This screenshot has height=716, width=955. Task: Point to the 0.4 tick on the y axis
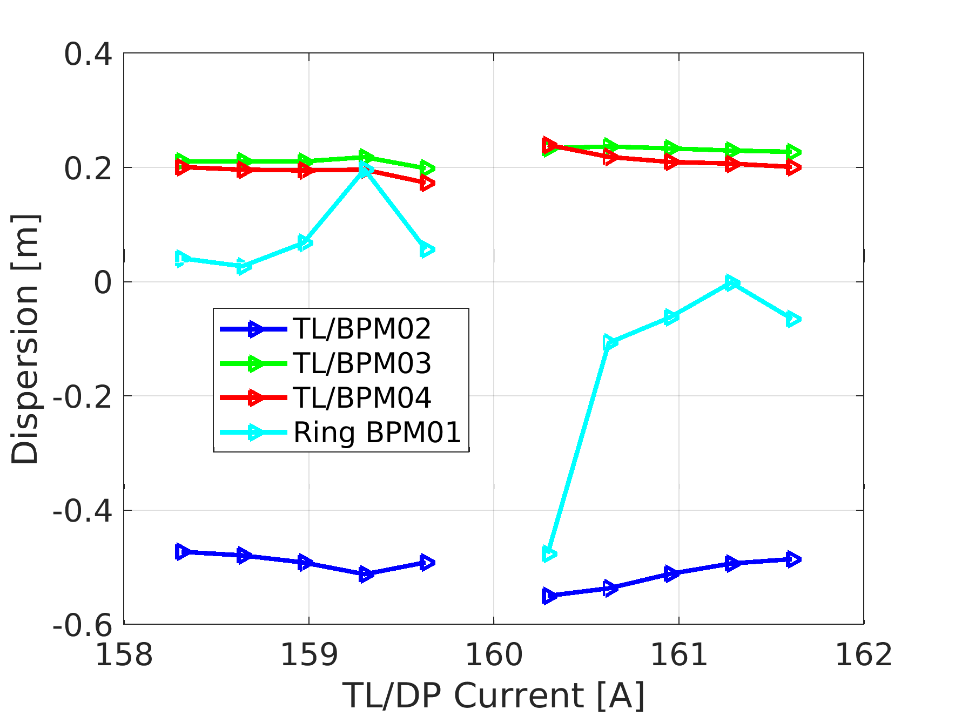(88, 54)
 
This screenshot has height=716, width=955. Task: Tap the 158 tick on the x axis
(124, 655)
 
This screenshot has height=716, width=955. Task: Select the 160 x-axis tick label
(494, 655)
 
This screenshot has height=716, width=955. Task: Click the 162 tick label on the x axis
(863, 655)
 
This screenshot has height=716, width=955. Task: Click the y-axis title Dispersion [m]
(25, 339)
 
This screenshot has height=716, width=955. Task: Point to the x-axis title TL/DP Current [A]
(494, 695)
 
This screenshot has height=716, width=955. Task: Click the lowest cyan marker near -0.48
(548, 554)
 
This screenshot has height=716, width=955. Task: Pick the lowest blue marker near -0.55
(549, 596)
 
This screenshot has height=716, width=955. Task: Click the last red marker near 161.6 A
(793, 168)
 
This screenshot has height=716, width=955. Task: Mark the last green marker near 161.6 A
(793, 152)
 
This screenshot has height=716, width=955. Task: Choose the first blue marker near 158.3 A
(183, 552)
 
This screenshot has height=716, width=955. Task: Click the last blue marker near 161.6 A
(793, 559)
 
